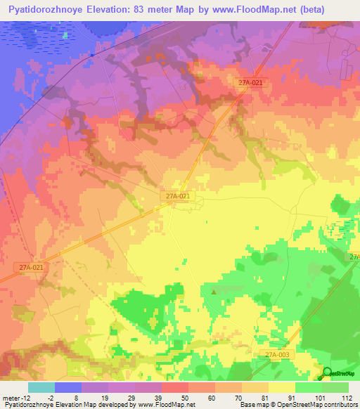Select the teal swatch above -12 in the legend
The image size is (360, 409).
(x=41, y=387)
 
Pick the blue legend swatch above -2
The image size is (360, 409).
(x=68, y=387)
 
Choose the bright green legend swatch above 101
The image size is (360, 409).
(x=308, y=387)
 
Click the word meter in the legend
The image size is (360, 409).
(x=13, y=397)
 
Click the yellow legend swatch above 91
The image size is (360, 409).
(x=281, y=387)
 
